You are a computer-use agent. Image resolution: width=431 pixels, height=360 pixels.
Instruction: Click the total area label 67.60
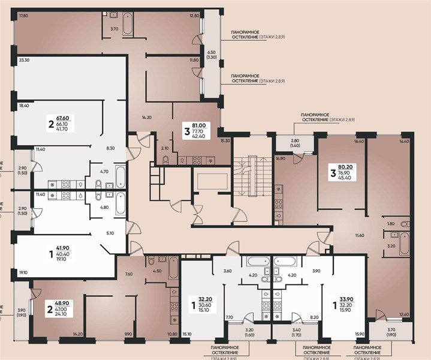62,118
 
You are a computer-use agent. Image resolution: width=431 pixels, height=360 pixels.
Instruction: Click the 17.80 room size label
23,16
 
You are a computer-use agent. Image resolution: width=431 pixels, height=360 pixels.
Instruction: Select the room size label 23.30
25,61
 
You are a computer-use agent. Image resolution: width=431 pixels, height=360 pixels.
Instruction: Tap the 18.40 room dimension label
25,105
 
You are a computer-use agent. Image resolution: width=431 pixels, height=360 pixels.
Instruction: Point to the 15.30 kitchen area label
225,140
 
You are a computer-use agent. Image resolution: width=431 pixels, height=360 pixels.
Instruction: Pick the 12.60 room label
403,314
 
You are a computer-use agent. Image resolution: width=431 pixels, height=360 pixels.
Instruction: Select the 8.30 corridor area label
110,148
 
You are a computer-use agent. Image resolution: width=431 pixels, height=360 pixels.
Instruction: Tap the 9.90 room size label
128,334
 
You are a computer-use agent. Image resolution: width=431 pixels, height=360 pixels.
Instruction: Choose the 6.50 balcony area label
211,52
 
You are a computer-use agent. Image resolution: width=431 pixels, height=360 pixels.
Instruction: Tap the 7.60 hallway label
128,274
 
